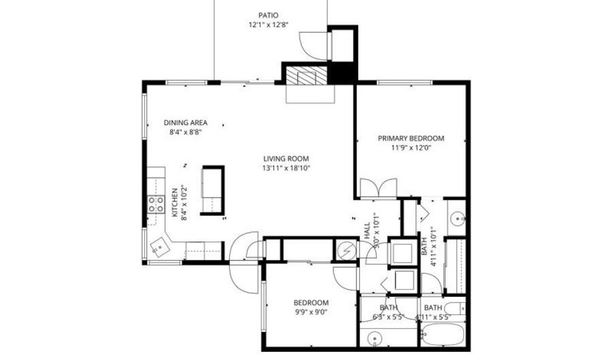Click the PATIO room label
click(x=269, y=16)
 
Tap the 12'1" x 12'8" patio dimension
click(x=269, y=25)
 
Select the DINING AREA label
click(x=186, y=122)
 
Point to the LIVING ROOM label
click(x=286, y=159)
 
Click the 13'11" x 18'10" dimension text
click(x=286, y=168)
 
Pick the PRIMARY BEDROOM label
click(x=411, y=138)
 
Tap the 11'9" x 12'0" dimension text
click(x=411, y=148)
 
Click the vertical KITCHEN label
click(x=175, y=202)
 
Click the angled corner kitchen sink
click(x=160, y=247)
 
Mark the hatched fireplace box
click(x=306, y=75)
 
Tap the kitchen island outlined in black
click(x=213, y=190)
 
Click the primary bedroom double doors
click(x=378, y=189)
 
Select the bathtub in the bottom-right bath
click(x=443, y=335)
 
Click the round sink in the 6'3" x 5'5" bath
click(x=375, y=337)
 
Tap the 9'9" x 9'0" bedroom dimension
click(x=311, y=312)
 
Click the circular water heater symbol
click(x=346, y=250)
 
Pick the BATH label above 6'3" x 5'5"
click(x=388, y=308)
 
